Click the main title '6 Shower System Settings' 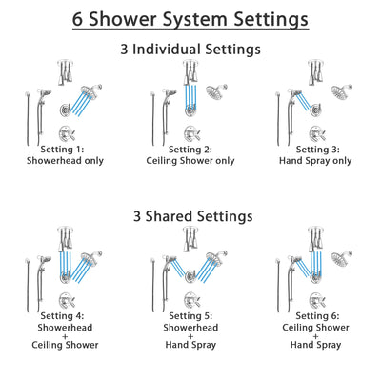[190, 18]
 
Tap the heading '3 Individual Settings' [190, 49]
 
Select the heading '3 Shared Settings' [190, 216]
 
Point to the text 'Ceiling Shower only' [190, 161]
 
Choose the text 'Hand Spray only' [315, 161]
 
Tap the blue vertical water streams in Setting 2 [191, 98]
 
